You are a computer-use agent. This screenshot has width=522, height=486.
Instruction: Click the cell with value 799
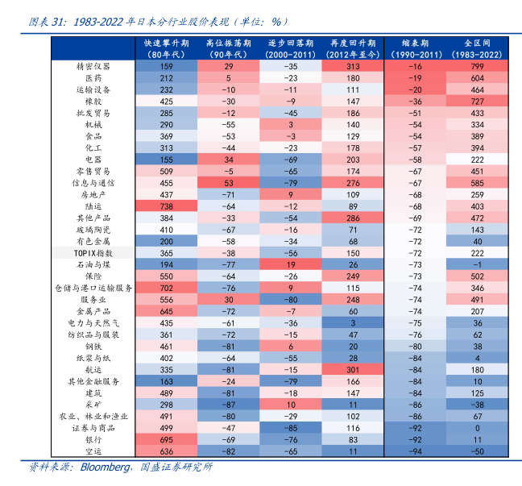[477, 67]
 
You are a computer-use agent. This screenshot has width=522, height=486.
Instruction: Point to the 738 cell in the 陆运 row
[167, 206]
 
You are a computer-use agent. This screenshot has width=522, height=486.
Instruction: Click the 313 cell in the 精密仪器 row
[353, 67]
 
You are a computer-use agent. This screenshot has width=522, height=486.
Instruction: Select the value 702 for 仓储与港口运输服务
[167, 288]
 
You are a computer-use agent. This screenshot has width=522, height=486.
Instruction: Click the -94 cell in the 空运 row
[416, 451]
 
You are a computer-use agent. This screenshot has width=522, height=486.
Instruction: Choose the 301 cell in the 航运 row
[353, 369]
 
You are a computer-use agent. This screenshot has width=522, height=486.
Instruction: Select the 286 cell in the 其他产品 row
[353, 218]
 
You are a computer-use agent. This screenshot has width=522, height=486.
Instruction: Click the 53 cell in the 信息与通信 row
[229, 183]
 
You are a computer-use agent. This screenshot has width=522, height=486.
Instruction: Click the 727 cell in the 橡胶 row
[477, 102]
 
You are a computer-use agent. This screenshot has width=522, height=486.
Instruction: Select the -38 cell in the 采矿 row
[477, 405]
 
